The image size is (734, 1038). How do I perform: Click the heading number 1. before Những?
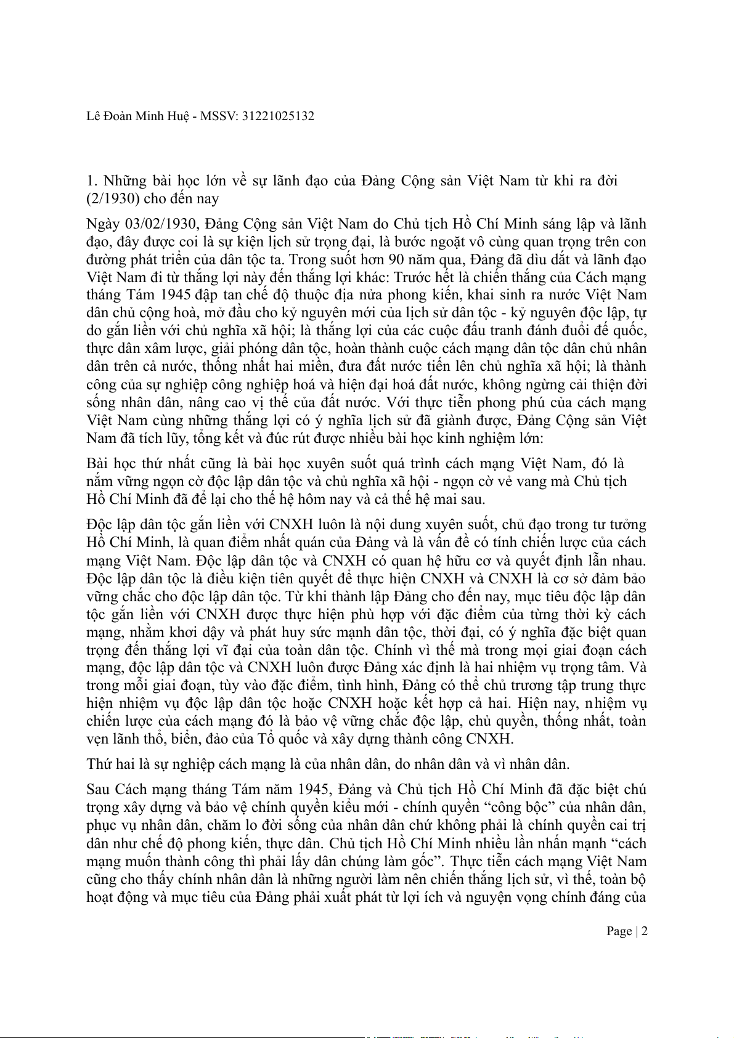92,180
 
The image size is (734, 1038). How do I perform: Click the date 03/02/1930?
161,224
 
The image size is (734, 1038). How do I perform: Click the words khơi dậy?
195,632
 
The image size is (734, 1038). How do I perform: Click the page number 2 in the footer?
644,931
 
